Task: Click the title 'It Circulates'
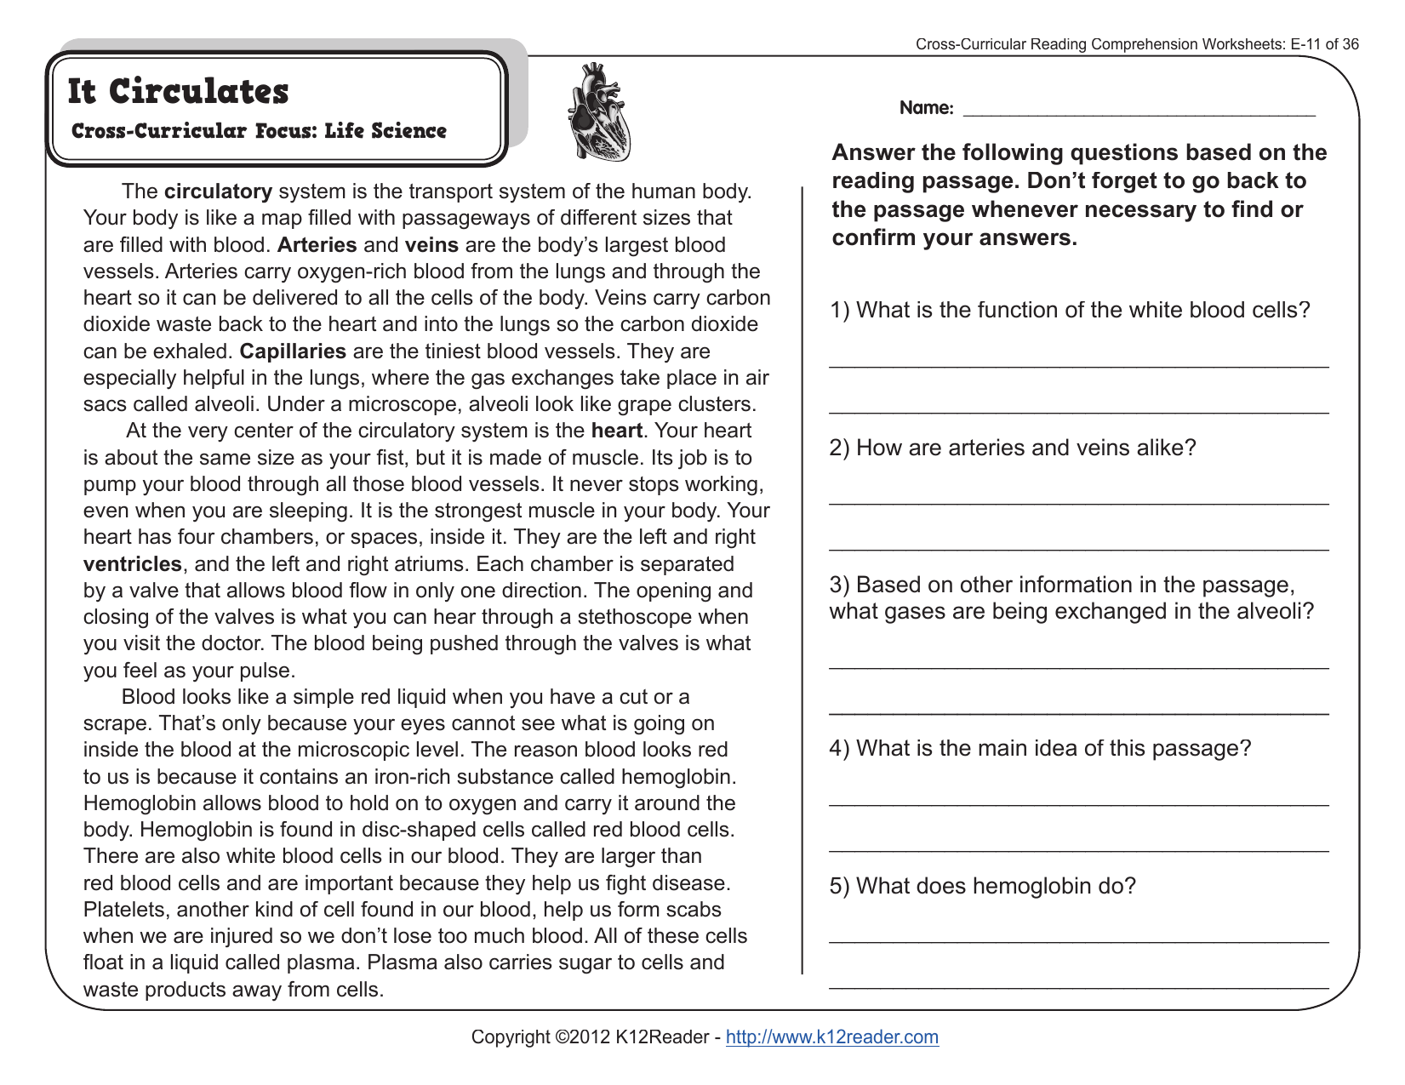pyautogui.click(x=178, y=92)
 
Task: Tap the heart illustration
pyautogui.click(x=598, y=112)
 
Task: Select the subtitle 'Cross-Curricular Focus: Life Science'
pyautogui.click(x=259, y=131)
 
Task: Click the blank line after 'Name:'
pyautogui.click(x=1138, y=109)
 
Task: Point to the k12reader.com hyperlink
pyautogui.click(x=831, y=1036)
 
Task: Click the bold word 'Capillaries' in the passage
pyautogui.click(x=293, y=351)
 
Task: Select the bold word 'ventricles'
pyautogui.click(x=133, y=564)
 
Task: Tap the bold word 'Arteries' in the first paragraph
pyautogui.click(x=317, y=245)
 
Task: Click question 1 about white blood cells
pyautogui.click(x=1070, y=310)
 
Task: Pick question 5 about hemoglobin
pyautogui.click(x=982, y=886)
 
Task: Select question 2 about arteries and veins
pyautogui.click(x=1012, y=448)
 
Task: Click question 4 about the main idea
pyautogui.click(x=1040, y=748)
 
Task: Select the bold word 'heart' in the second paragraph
pyautogui.click(x=617, y=431)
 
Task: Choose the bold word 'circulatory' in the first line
pyautogui.click(x=218, y=191)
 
